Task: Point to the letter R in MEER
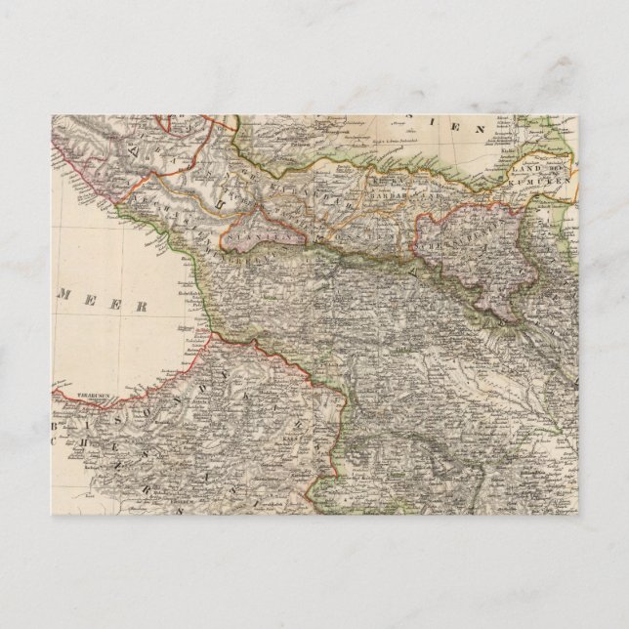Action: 144,307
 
